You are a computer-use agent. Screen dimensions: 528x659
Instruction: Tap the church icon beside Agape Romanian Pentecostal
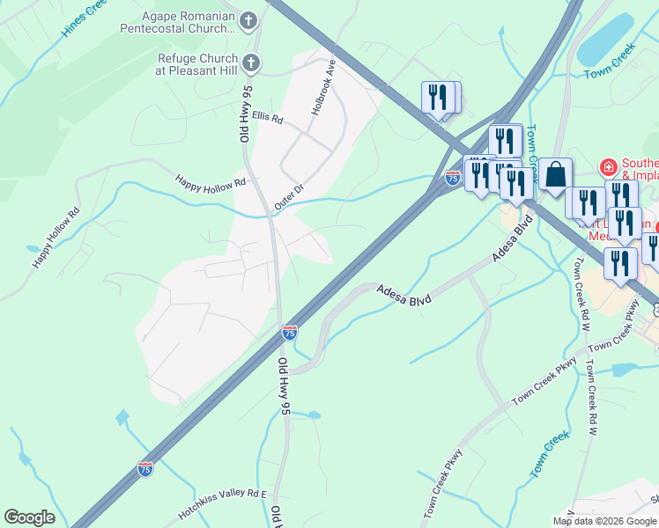pyautogui.click(x=250, y=19)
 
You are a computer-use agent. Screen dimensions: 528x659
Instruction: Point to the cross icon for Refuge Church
pyautogui.click(x=250, y=63)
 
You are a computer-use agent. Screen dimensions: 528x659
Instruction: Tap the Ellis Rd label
pyautogui.click(x=267, y=117)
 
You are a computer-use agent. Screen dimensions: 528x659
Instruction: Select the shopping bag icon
pyautogui.click(x=556, y=174)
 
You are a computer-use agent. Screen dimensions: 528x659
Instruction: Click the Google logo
pyautogui.click(x=29, y=517)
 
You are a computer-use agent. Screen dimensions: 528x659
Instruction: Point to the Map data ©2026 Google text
pyautogui.click(x=604, y=521)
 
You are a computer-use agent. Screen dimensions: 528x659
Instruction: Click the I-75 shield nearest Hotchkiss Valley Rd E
pyautogui.click(x=145, y=469)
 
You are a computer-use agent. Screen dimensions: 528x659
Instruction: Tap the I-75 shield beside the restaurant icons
pyautogui.click(x=452, y=177)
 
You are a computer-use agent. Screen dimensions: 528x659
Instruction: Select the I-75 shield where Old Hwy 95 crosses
pyautogui.click(x=290, y=333)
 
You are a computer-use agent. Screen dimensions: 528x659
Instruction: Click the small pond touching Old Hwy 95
pyautogui.click(x=313, y=414)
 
